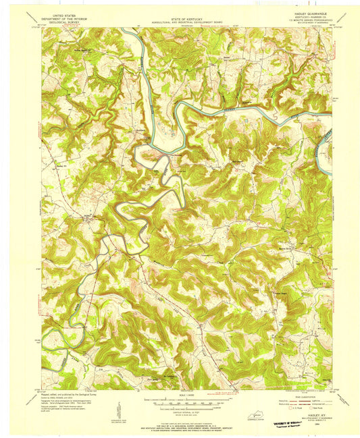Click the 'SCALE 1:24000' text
coord(180,394)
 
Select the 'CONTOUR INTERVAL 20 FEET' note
coord(180,410)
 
